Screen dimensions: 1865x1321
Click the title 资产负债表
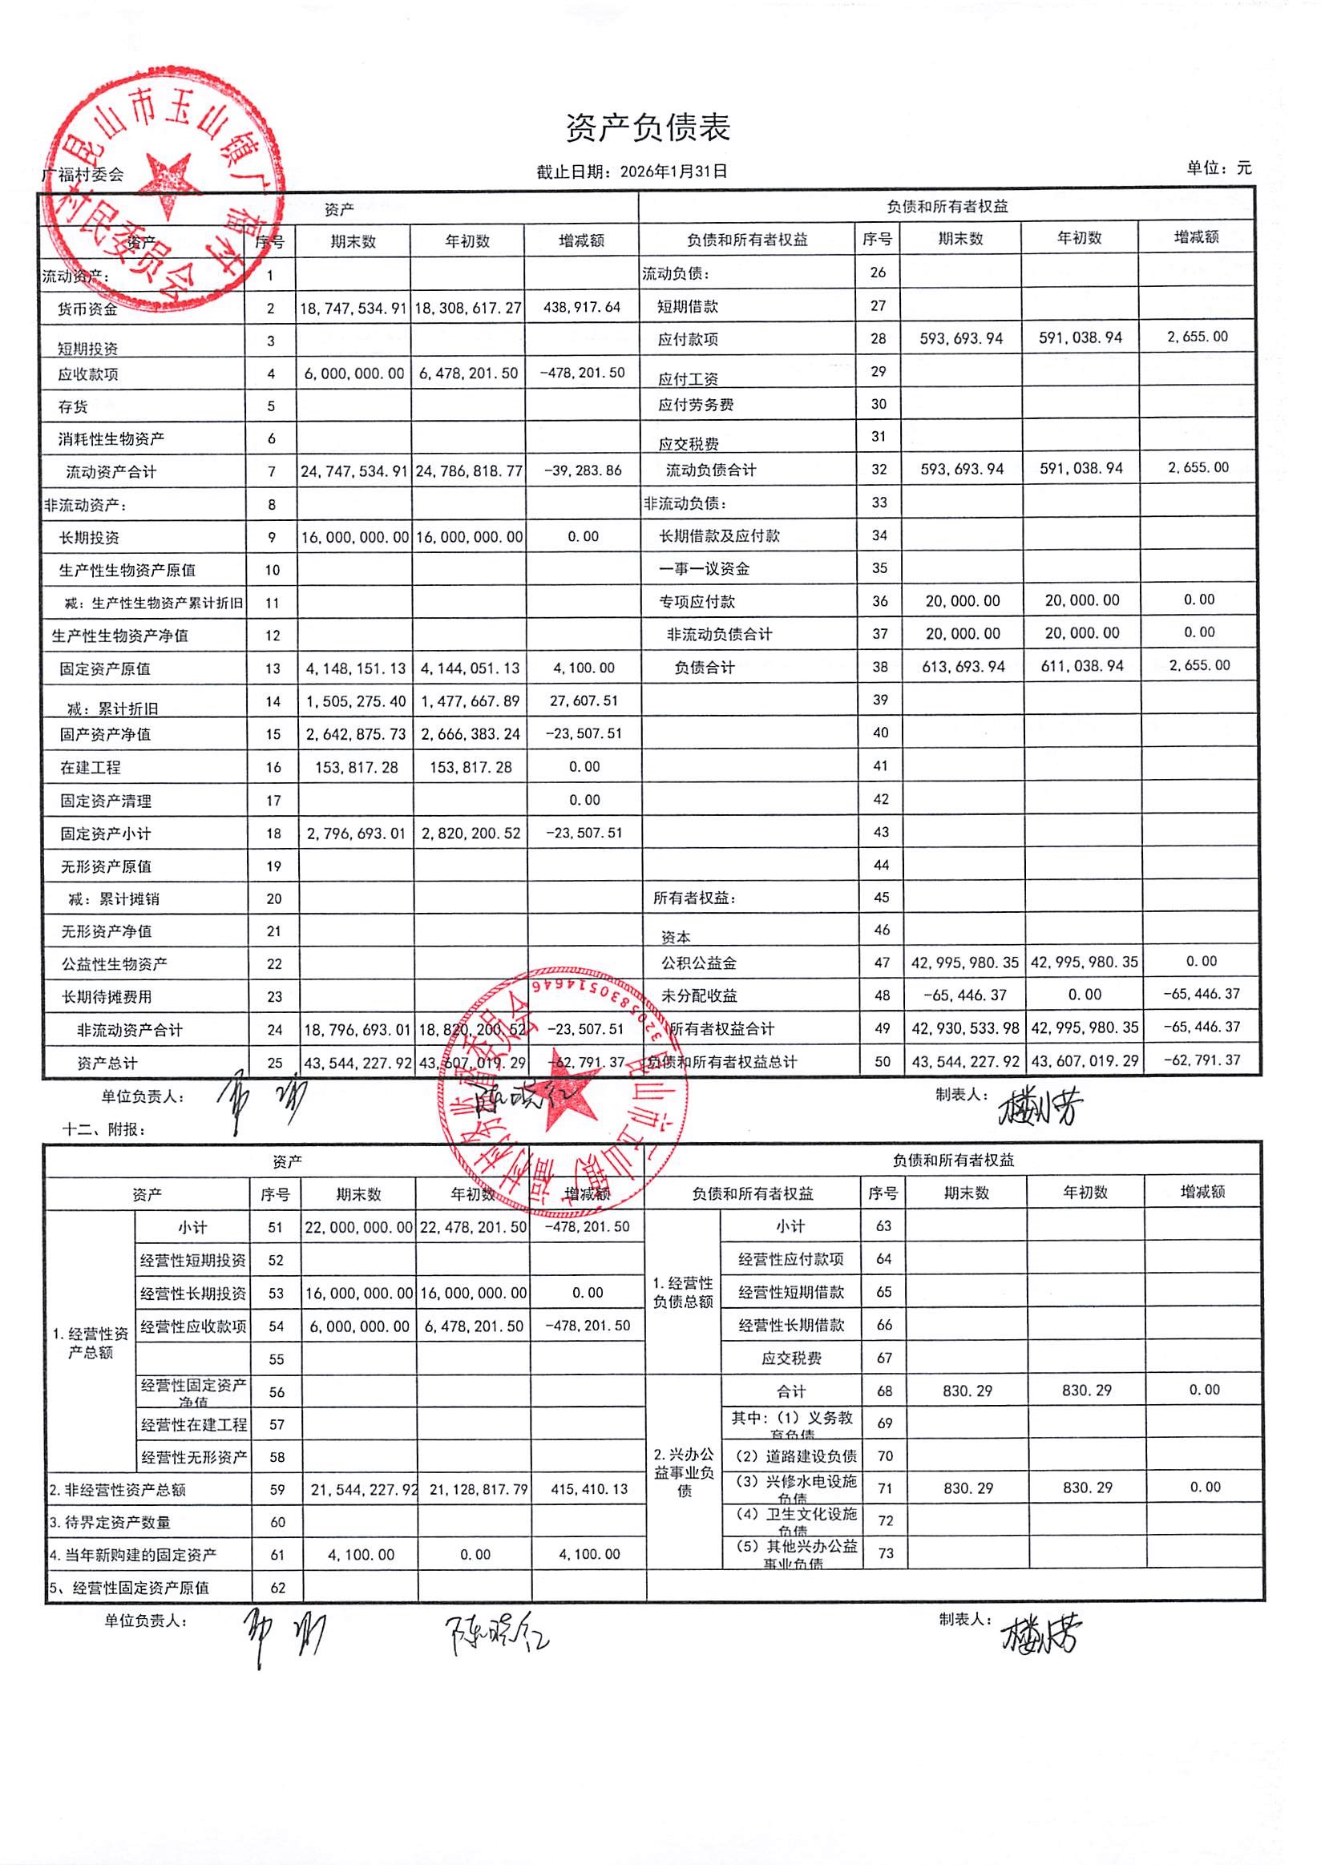click(x=648, y=128)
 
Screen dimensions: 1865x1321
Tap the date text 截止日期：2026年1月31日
click(x=631, y=172)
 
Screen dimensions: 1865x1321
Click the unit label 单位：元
click(x=1218, y=168)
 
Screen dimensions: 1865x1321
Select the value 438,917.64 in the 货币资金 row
click(x=582, y=308)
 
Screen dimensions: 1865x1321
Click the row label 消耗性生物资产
click(x=111, y=439)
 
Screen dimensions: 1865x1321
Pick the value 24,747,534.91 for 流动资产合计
click(x=353, y=472)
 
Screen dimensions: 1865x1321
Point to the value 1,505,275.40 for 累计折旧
click(x=355, y=701)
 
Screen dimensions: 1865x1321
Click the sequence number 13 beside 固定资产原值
click(x=273, y=668)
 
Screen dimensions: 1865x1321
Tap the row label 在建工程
click(x=91, y=767)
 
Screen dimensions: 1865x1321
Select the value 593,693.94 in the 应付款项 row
click(x=961, y=338)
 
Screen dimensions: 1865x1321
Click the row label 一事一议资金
click(x=705, y=568)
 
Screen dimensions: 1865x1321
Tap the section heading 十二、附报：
click(x=105, y=1130)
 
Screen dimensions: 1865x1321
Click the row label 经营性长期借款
click(x=791, y=1325)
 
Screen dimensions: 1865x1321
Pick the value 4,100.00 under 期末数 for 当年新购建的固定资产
click(x=362, y=1555)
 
